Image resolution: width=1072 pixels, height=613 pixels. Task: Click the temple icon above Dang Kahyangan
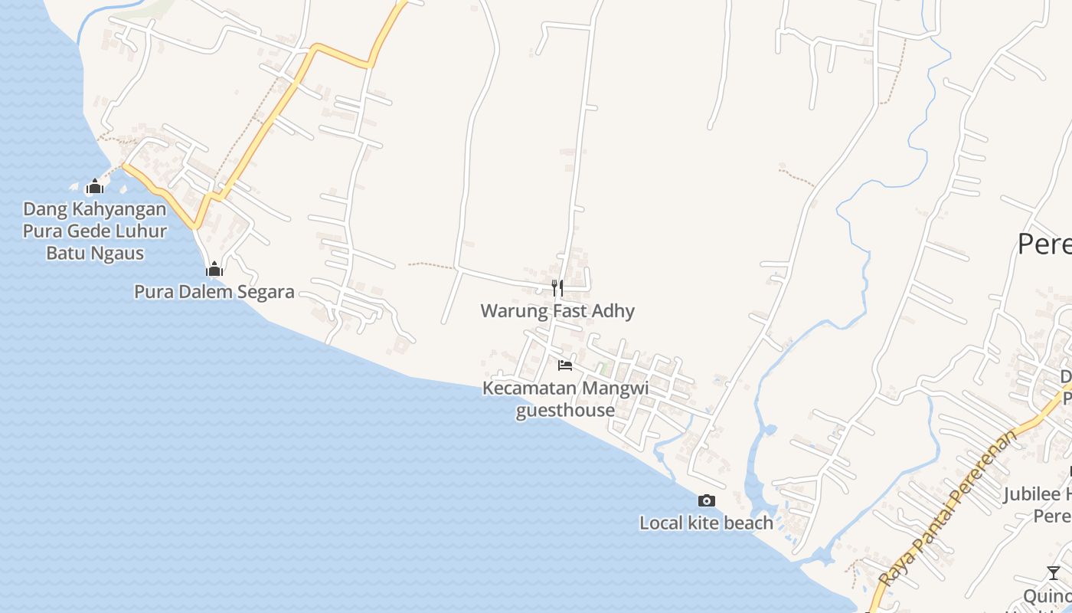click(95, 186)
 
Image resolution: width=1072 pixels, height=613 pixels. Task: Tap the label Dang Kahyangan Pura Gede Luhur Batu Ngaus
click(95, 231)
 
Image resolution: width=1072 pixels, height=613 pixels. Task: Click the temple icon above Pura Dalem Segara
click(214, 269)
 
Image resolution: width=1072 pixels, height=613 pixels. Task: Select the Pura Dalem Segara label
click(214, 292)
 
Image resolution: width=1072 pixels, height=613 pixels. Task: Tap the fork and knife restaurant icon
click(557, 288)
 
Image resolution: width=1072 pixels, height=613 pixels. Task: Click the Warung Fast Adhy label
click(557, 311)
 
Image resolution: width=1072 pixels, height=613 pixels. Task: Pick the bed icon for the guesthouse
click(565, 366)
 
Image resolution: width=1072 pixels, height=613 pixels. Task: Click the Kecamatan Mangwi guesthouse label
click(565, 399)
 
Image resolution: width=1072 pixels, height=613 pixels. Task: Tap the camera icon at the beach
click(707, 501)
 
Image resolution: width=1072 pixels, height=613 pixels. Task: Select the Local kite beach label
click(707, 523)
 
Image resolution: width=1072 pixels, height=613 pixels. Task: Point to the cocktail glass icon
click(1054, 573)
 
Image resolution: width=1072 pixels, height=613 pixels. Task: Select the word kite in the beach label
click(703, 523)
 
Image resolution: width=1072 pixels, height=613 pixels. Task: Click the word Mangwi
click(615, 388)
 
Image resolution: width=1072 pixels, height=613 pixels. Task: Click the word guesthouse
click(565, 411)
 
